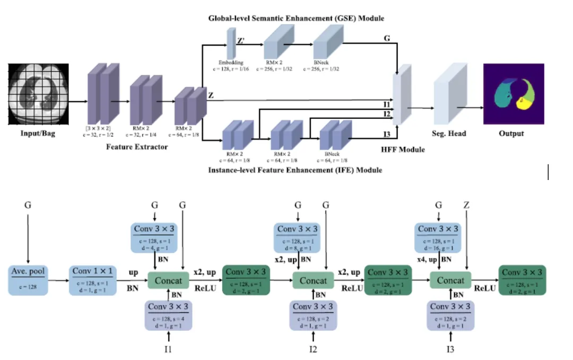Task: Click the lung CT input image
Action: pyautogui.click(x=38, y=94)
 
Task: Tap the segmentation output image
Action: pyautogui.click(x=513, y=94)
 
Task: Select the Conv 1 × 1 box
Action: pyautogui.click(x=93, y=279)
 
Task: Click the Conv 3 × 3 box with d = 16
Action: pyautogui.click(x=438, y=237)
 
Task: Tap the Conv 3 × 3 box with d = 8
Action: pyautogui.click(x=298, y=237)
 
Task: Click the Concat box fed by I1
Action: pyautogui.click(x=168, y=280)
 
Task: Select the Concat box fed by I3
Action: pyautogui.click(x=450, y=280)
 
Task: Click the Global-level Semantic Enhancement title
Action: pyautogui.click(x=296, y=19)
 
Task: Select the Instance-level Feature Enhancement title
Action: pyautogui.click(x=295, y=170)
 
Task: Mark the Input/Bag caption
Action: pyautogui.click(x=38, y=133)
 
